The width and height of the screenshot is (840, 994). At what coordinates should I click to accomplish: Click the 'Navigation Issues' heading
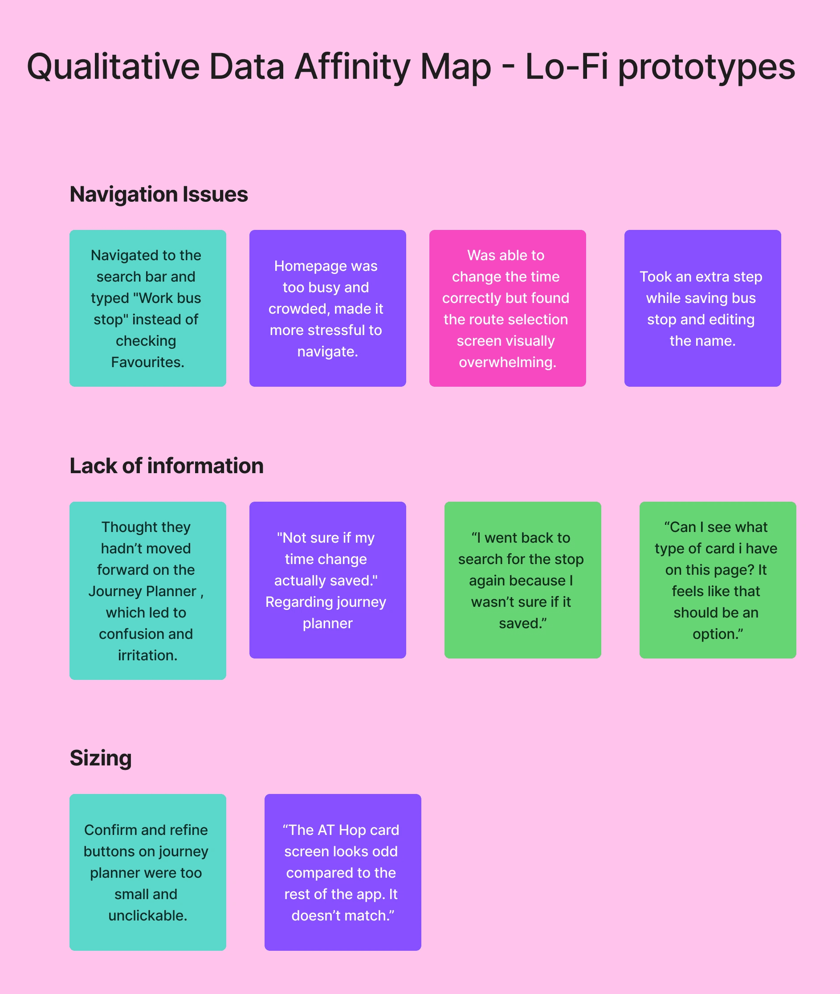click(x=159, y=194)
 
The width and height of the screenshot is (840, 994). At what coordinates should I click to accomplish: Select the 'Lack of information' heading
click(x=166, y=466)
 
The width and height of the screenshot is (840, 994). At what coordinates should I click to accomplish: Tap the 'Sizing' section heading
click(x=101, y=758)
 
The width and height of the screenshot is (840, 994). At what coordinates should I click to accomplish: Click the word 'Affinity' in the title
click(x=352, y=66)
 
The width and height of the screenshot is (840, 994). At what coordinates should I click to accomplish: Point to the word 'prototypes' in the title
click(x=706, y=67)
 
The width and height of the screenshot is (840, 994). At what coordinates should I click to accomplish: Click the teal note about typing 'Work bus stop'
click(x=147, y=308)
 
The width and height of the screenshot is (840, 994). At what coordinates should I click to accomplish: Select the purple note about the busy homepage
click(x=328, y=308)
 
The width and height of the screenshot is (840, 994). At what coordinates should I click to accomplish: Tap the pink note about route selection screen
click(x=507, y=308)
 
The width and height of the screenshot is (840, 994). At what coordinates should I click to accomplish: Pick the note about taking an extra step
click(x=702, y=308)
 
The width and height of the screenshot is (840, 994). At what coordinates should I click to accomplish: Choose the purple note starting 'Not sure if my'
click(x=328, y=580)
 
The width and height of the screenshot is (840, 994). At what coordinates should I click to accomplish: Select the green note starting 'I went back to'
click(x=522, y=580)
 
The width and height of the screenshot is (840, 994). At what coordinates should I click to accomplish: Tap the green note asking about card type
click(x=718, y=580)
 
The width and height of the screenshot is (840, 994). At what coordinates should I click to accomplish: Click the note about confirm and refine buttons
click(x=147, y=872)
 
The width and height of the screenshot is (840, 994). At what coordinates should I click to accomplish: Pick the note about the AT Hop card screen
click(x=343, y=872)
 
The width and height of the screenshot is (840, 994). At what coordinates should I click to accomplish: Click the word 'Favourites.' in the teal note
click(x=147, y=363)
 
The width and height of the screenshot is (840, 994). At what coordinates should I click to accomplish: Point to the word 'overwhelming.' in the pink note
click(x=507, y=363)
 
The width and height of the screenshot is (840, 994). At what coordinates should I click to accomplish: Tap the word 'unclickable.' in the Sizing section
click(x=147, y=916)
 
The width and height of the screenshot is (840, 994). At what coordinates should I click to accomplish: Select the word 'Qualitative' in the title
click(x=113, y=66)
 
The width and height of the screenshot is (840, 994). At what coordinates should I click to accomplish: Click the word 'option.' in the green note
click(x=718, y=634)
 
